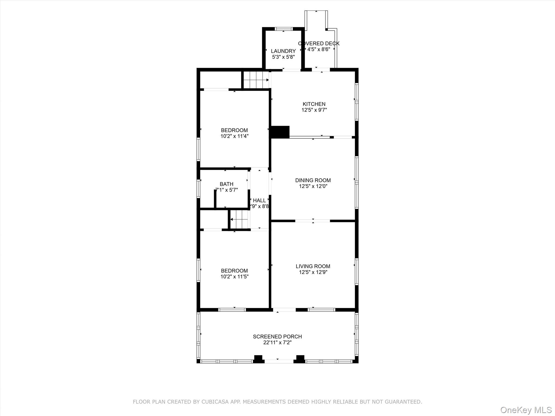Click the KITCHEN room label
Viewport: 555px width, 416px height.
coord(314,104)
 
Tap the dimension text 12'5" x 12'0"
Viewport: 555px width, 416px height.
coord(313,186)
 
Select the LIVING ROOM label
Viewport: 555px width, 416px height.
coord(313,266)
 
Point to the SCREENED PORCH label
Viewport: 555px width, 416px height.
coord(277,336)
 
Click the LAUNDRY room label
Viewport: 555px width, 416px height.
coord(283,51)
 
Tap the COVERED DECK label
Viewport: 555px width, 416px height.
coord(319,43)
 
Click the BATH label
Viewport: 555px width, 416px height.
coord(226,184)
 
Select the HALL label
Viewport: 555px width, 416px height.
coord(259,200)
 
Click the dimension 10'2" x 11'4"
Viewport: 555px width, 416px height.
coord(234,136)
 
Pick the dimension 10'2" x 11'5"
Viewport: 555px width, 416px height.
coord(234,277)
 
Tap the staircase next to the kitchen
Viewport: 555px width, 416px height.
coord(256,80)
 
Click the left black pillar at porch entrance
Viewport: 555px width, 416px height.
coord(258,359)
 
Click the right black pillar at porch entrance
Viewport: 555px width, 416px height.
coord(300,359)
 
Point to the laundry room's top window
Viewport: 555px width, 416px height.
coord(283,29)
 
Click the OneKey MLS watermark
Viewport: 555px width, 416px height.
coord(525,410)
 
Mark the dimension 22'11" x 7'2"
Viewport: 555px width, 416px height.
coord(277,343)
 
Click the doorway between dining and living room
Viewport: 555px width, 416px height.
coord(312,221)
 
